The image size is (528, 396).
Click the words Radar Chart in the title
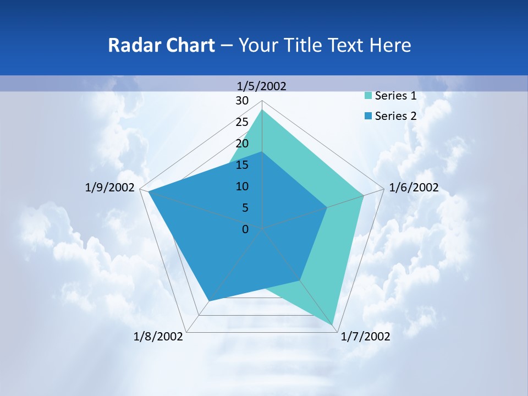pos(161,45)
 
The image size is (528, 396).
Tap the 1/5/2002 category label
pos(261,86)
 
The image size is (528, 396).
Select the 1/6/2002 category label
pos(414,188)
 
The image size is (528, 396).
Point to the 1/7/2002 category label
pos(365,337)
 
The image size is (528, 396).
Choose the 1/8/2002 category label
pos(158,337)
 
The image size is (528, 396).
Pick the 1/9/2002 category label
pos(110,188)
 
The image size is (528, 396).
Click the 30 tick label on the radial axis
pos(242,101)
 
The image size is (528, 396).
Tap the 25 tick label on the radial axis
pos(242,122)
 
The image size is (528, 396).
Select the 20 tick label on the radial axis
pos(242,144)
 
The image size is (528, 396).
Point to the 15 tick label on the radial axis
pos(242,165)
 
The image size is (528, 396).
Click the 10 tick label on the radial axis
pos(242,186)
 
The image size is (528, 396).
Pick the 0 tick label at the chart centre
pos(245,229)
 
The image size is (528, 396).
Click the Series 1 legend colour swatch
pos(368,96)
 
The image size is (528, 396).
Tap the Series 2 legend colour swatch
pos(368,116)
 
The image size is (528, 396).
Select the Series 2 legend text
pos(395,116)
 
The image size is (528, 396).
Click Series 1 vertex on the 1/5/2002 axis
pos(262,109)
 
